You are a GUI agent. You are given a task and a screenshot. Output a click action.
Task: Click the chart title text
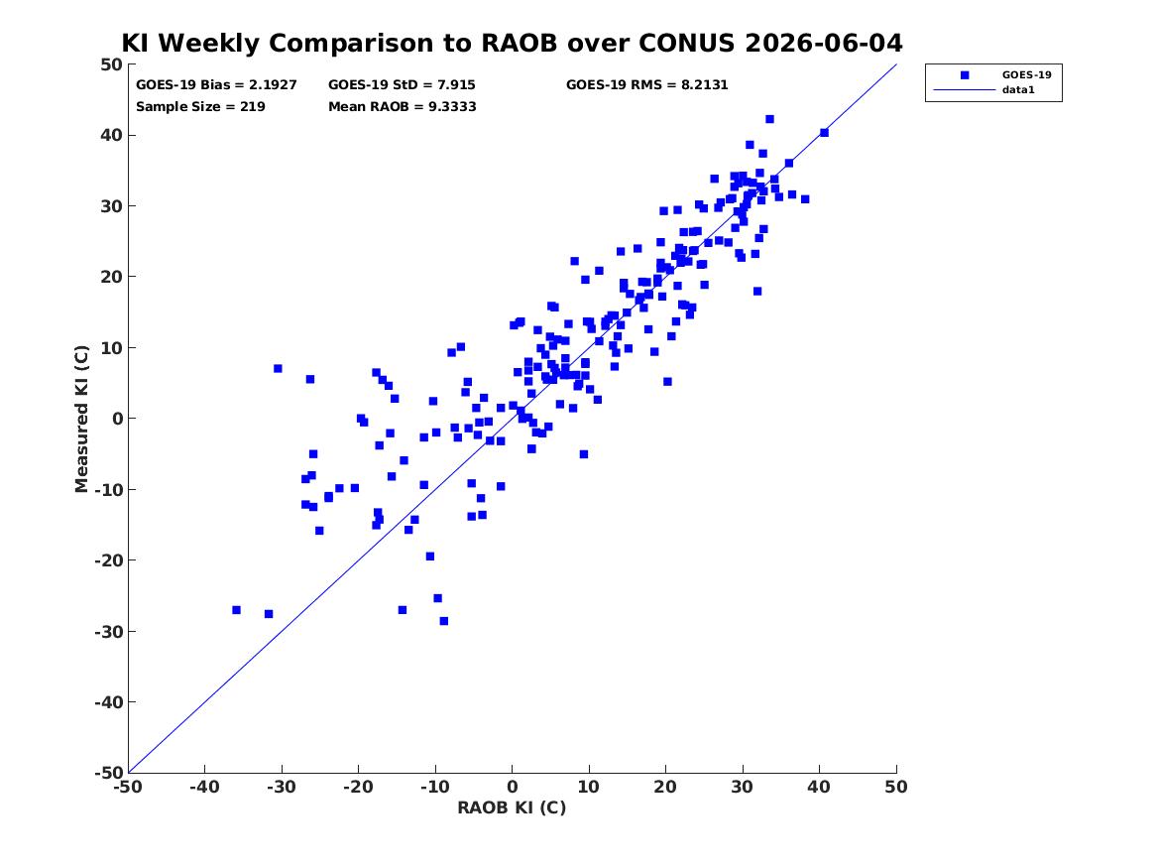point(512,43)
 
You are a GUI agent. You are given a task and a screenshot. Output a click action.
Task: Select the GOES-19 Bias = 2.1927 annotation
point(216,85)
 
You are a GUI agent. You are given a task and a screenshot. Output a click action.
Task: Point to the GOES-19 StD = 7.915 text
point(402,85)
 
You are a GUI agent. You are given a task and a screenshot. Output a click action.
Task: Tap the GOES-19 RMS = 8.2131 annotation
point(647,85)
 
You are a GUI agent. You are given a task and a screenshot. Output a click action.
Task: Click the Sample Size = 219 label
point(200,106)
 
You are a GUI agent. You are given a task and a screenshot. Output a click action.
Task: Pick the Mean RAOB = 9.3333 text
point(403,106)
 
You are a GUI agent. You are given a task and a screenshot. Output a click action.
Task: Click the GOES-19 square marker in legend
point(965,74)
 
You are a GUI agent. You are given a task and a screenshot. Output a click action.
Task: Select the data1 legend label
point(1018,90)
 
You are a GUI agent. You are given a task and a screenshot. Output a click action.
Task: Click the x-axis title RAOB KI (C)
point(512,807)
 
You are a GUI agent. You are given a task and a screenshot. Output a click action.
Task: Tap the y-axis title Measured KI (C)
point(81,419)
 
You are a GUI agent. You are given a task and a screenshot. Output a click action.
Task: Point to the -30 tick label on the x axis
point(282,787)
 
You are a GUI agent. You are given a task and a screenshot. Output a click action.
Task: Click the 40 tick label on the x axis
point(819,787)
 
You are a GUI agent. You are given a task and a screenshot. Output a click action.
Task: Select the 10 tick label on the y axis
point(111,347)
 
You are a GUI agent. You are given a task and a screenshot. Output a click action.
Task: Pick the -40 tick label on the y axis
point(108,702)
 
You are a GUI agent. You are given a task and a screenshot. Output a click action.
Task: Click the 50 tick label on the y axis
point(111,64)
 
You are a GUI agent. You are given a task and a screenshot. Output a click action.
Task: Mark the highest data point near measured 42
point(769,119)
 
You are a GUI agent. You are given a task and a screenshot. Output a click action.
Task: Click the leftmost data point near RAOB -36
point(236,610)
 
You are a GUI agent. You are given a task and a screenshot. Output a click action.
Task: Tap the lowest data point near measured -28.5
point(443,621)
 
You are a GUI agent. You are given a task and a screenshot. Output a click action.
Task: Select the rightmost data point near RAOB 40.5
point(824,133)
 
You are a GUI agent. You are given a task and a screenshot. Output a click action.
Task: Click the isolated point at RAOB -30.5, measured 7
point(278,368)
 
